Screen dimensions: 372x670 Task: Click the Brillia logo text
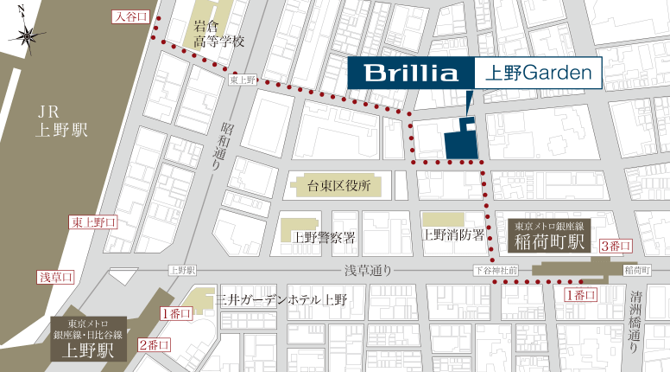click(411, 73)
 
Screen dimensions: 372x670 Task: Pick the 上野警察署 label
click(324, 236)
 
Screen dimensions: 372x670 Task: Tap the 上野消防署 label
click(452, 234)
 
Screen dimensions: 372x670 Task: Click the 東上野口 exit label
click(92, 222)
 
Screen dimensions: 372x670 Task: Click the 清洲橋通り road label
click(638, 316)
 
